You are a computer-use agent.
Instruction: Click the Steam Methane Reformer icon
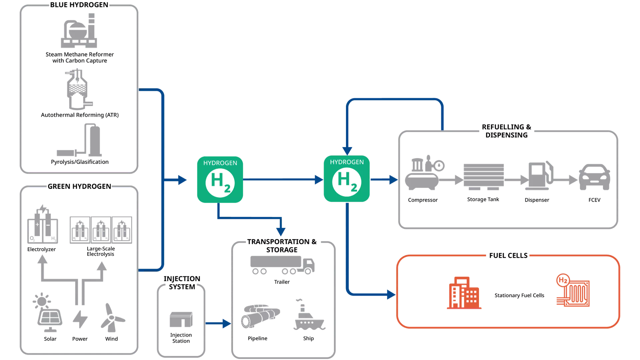[x=79, y=31]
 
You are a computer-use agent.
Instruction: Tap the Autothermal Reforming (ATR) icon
[x=79, y=89]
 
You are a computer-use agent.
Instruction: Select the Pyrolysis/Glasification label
[x=80, y=162]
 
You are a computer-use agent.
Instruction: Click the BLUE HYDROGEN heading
[x=79, y=5]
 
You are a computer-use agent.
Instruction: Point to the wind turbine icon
[x=112, y=318]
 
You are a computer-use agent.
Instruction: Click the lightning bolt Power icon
[x=80, y=319]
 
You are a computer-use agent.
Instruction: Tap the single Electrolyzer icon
[x=43, y=224]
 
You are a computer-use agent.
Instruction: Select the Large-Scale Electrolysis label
[x=101, y=251]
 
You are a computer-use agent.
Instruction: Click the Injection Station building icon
[x=181, y=320]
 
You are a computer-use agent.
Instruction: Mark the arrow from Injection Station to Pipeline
[x=218, y=323]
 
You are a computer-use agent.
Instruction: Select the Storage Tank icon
[x=484, y=177]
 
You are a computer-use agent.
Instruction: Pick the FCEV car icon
[x=594, y=177]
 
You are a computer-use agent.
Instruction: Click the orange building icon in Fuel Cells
[x=464, y=293]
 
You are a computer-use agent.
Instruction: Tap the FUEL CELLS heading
[x=508, y=256]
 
